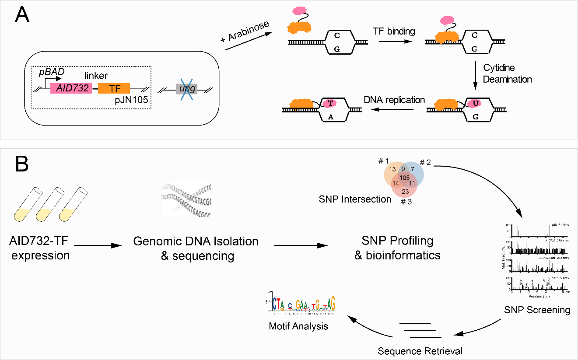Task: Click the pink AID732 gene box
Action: (x=71, y=88)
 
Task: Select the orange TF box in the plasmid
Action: (x=114, y=88)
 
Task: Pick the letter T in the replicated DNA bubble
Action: (x=331, y=103)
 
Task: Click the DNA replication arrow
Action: (x=394, y=110)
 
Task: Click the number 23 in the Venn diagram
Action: (x=405, y=191)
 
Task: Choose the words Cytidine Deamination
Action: (x=507, y=73)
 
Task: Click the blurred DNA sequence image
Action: (x=186, y=199)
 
